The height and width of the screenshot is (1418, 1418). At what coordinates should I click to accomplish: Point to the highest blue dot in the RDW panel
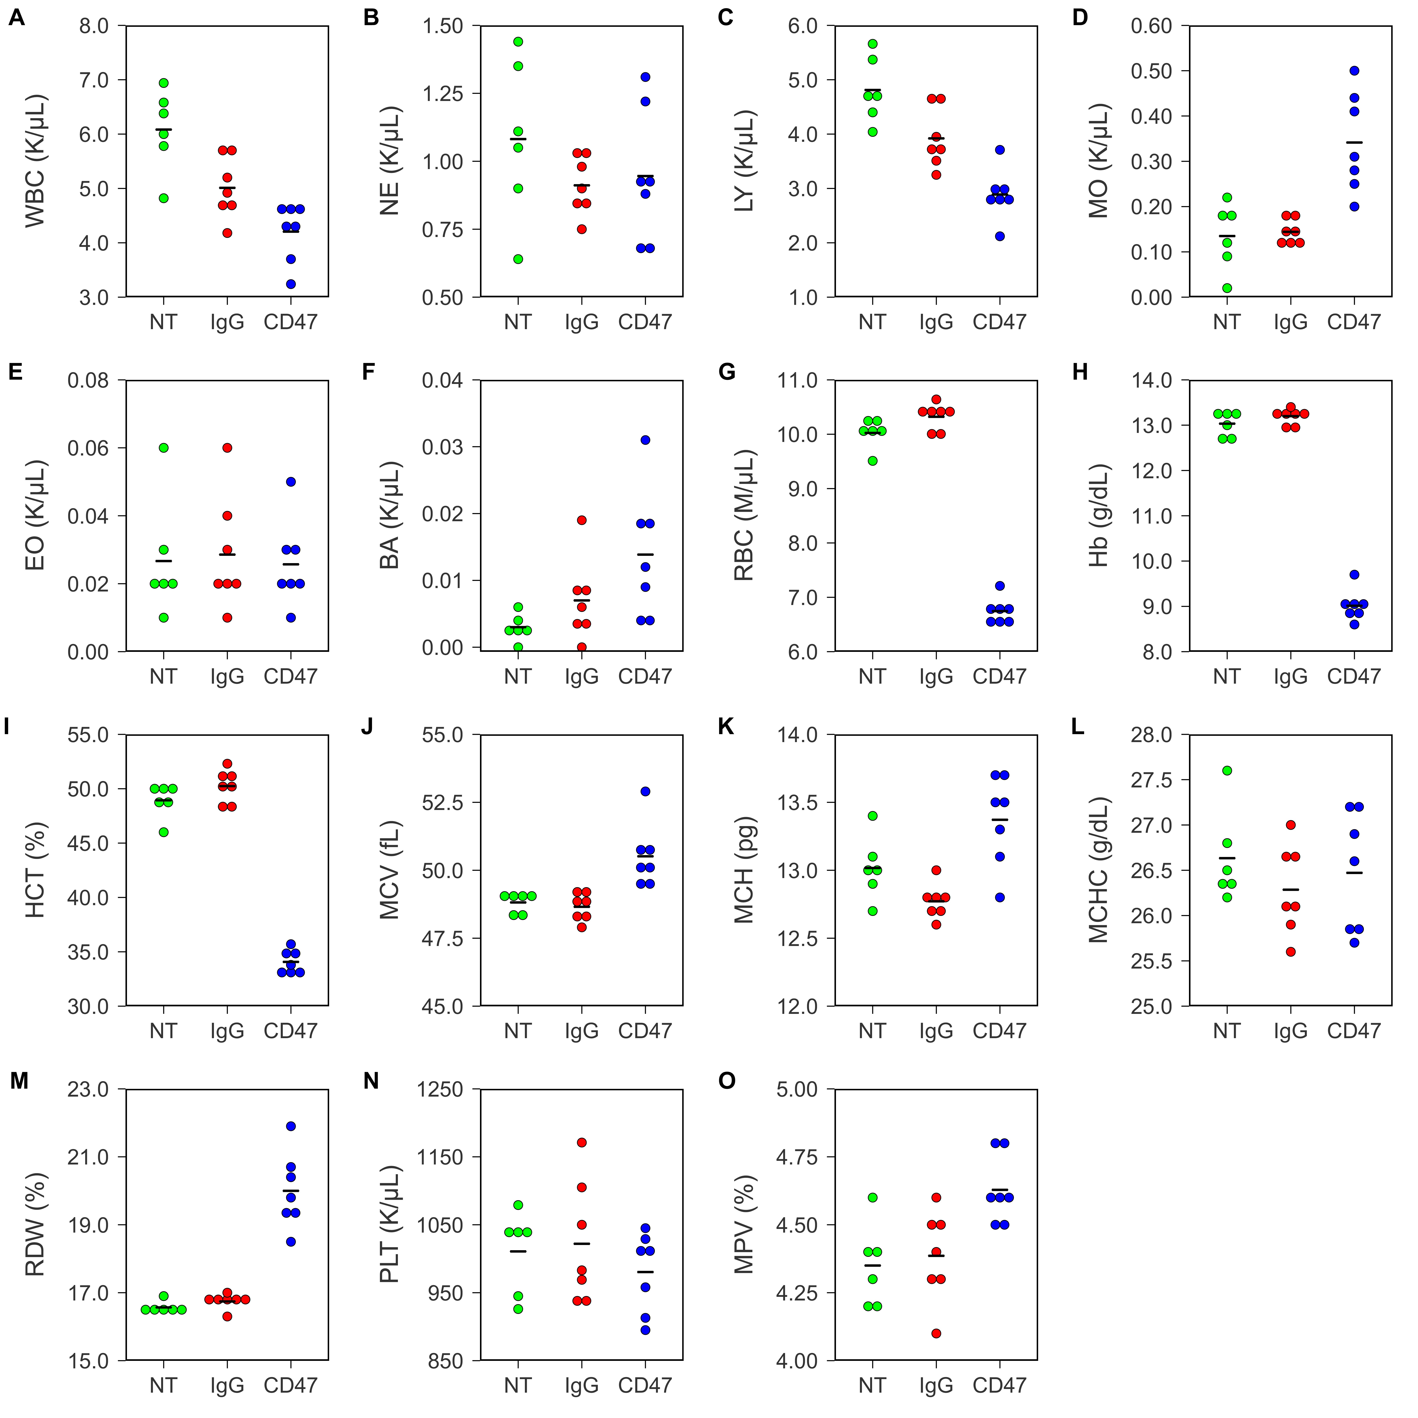291,1126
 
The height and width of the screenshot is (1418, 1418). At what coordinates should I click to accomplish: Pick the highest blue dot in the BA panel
645,440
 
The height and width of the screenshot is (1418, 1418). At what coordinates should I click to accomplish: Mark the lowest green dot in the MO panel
1226,288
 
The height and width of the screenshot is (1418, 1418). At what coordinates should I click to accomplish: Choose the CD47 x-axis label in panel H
1353,676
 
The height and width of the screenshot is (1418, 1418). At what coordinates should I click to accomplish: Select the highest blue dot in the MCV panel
645,791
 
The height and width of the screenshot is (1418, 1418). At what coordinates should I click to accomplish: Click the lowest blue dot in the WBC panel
291,284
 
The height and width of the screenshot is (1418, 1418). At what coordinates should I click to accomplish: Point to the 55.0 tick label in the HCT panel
88,735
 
